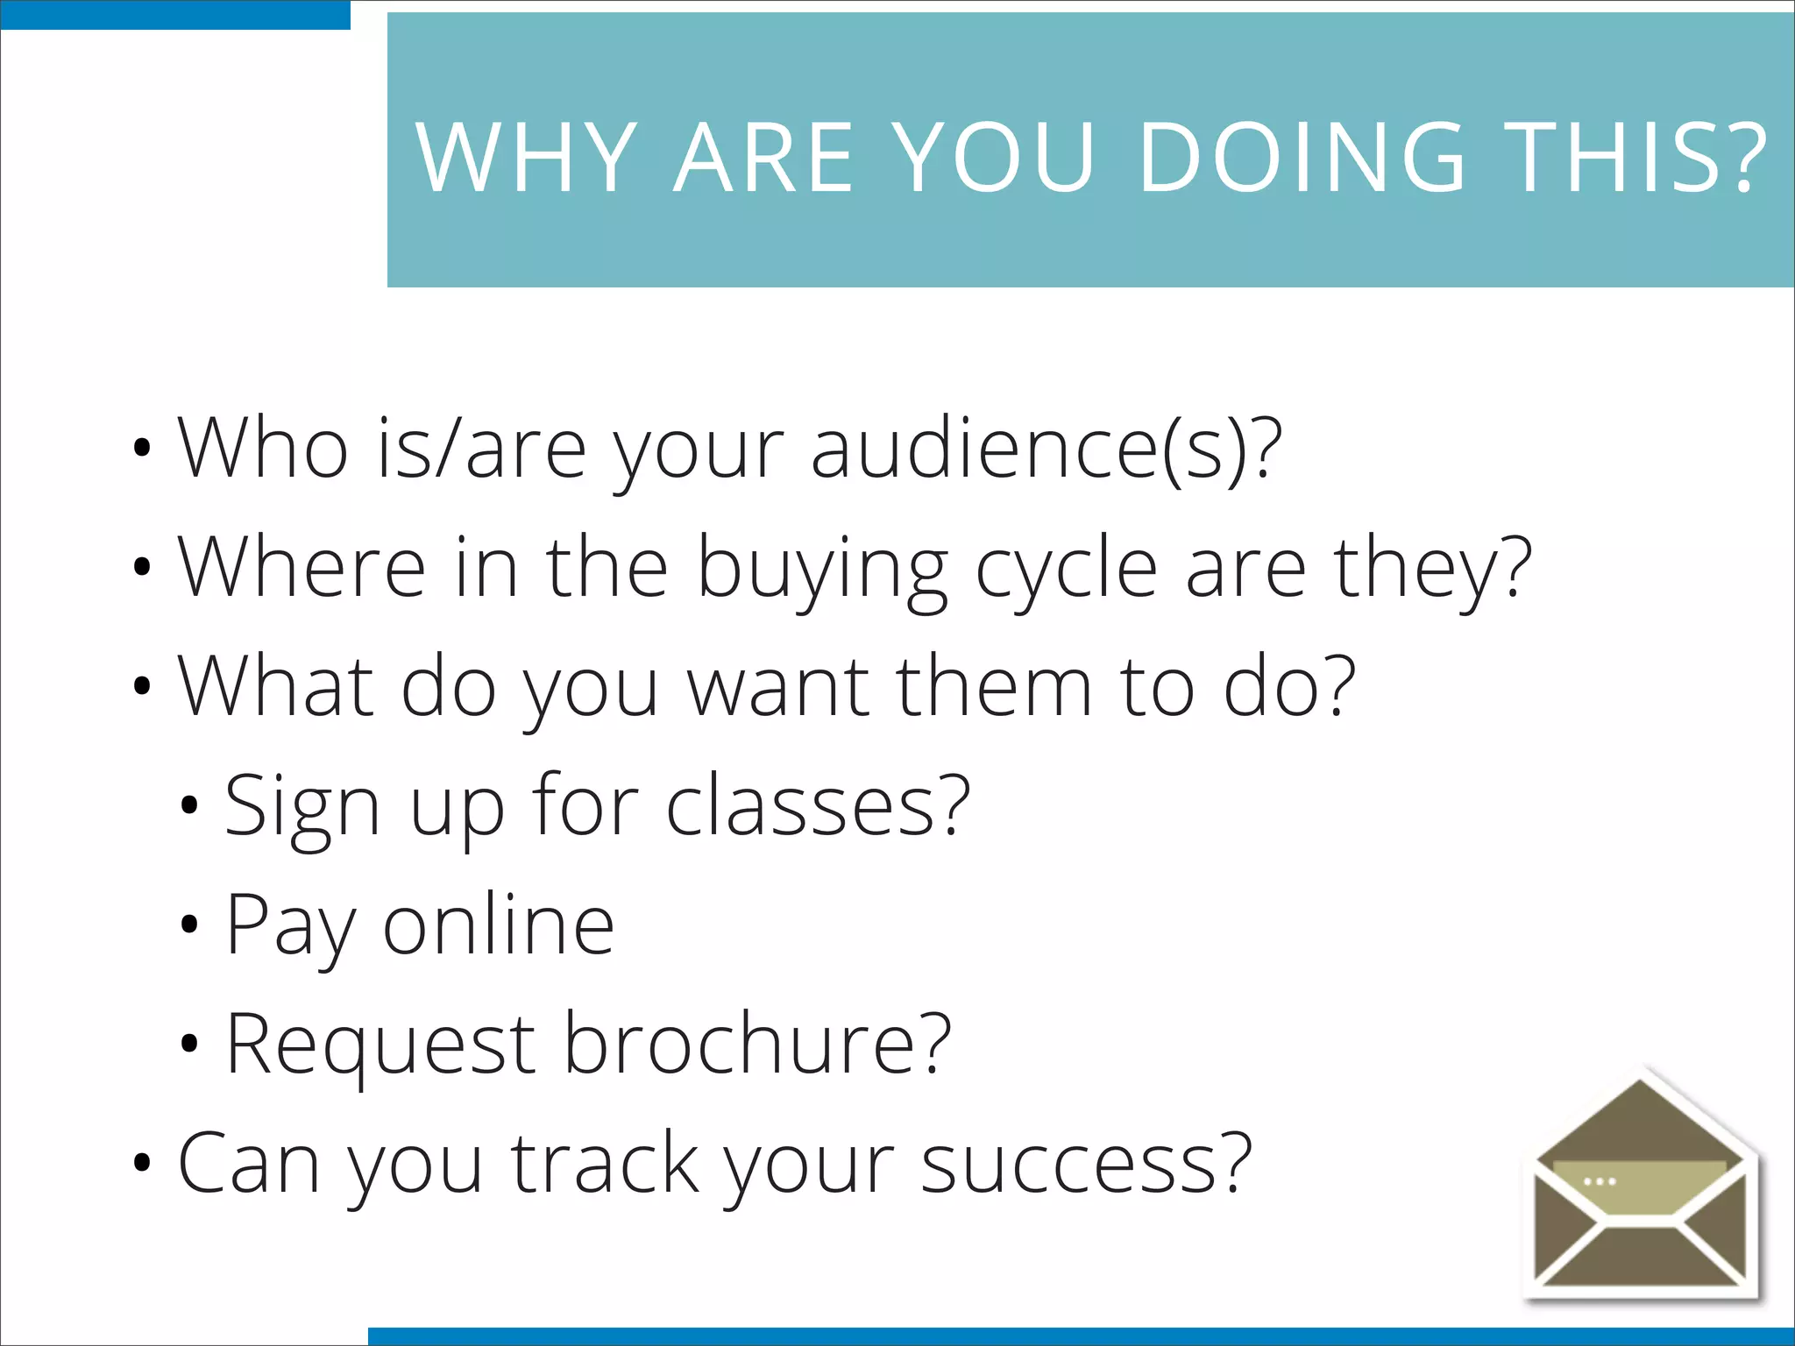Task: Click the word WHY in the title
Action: coord(526,158)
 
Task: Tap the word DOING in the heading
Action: coord(1302,158)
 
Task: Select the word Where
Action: coord(302,568)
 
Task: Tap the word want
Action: coord(777,687)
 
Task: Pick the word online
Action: coord(499,925)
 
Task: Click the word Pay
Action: coord(290,927)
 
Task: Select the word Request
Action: coord(380,1045)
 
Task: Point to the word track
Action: coord(605,1164)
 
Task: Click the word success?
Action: coord(1087,1164)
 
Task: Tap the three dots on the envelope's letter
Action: coord(1600,1181)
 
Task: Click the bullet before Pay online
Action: coord(189,924)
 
